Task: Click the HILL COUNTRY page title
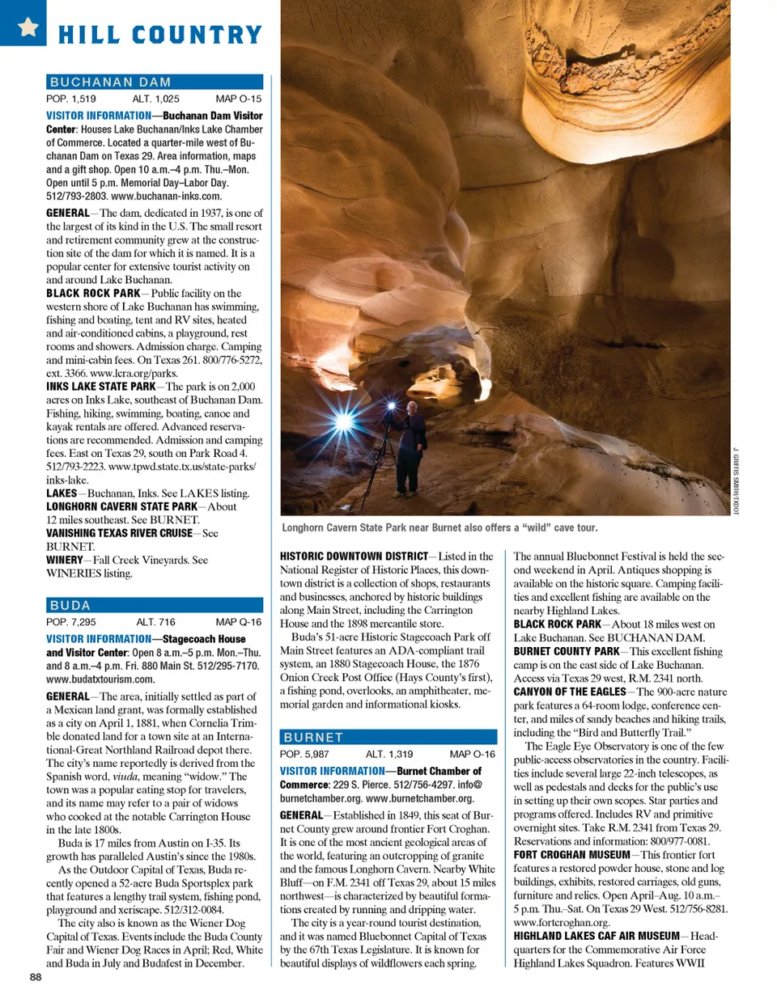pyautogui.click(x=160, y=35)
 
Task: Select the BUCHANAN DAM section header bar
pyautogui.click(x=155, y=82)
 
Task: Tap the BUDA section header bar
pyautogui.click(x=155, y=605)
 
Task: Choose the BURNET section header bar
pyautogui.click(x=388, y=737)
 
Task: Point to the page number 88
pyautogui.click(x=36, y=976)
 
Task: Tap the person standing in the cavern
pyautogui.click(x=412, y=445)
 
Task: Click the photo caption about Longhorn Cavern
pyautogui.click(x=439, y=527)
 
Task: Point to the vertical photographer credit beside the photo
pyautogui.click(x=737, y=480)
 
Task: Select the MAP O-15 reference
pyautogui.click(x=238, y=99)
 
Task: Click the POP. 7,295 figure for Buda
pyautogui.click(x=71, y=622)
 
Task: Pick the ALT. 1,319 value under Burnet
pyautogui.click(x=388, y=754)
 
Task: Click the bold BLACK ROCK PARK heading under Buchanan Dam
pyautogui.click(x=93, y=294)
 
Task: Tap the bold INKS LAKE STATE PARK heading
pyautogui.click(x=100, y=387)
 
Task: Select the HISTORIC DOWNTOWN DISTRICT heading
pyautogui.click(x=354, y=556)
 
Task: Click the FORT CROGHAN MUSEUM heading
pyautogui.click(x=571, y=855)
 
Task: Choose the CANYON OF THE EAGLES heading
pyautogui.click(x=569, y=692)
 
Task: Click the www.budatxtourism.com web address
pyautogui.click(x=100, y=679)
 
